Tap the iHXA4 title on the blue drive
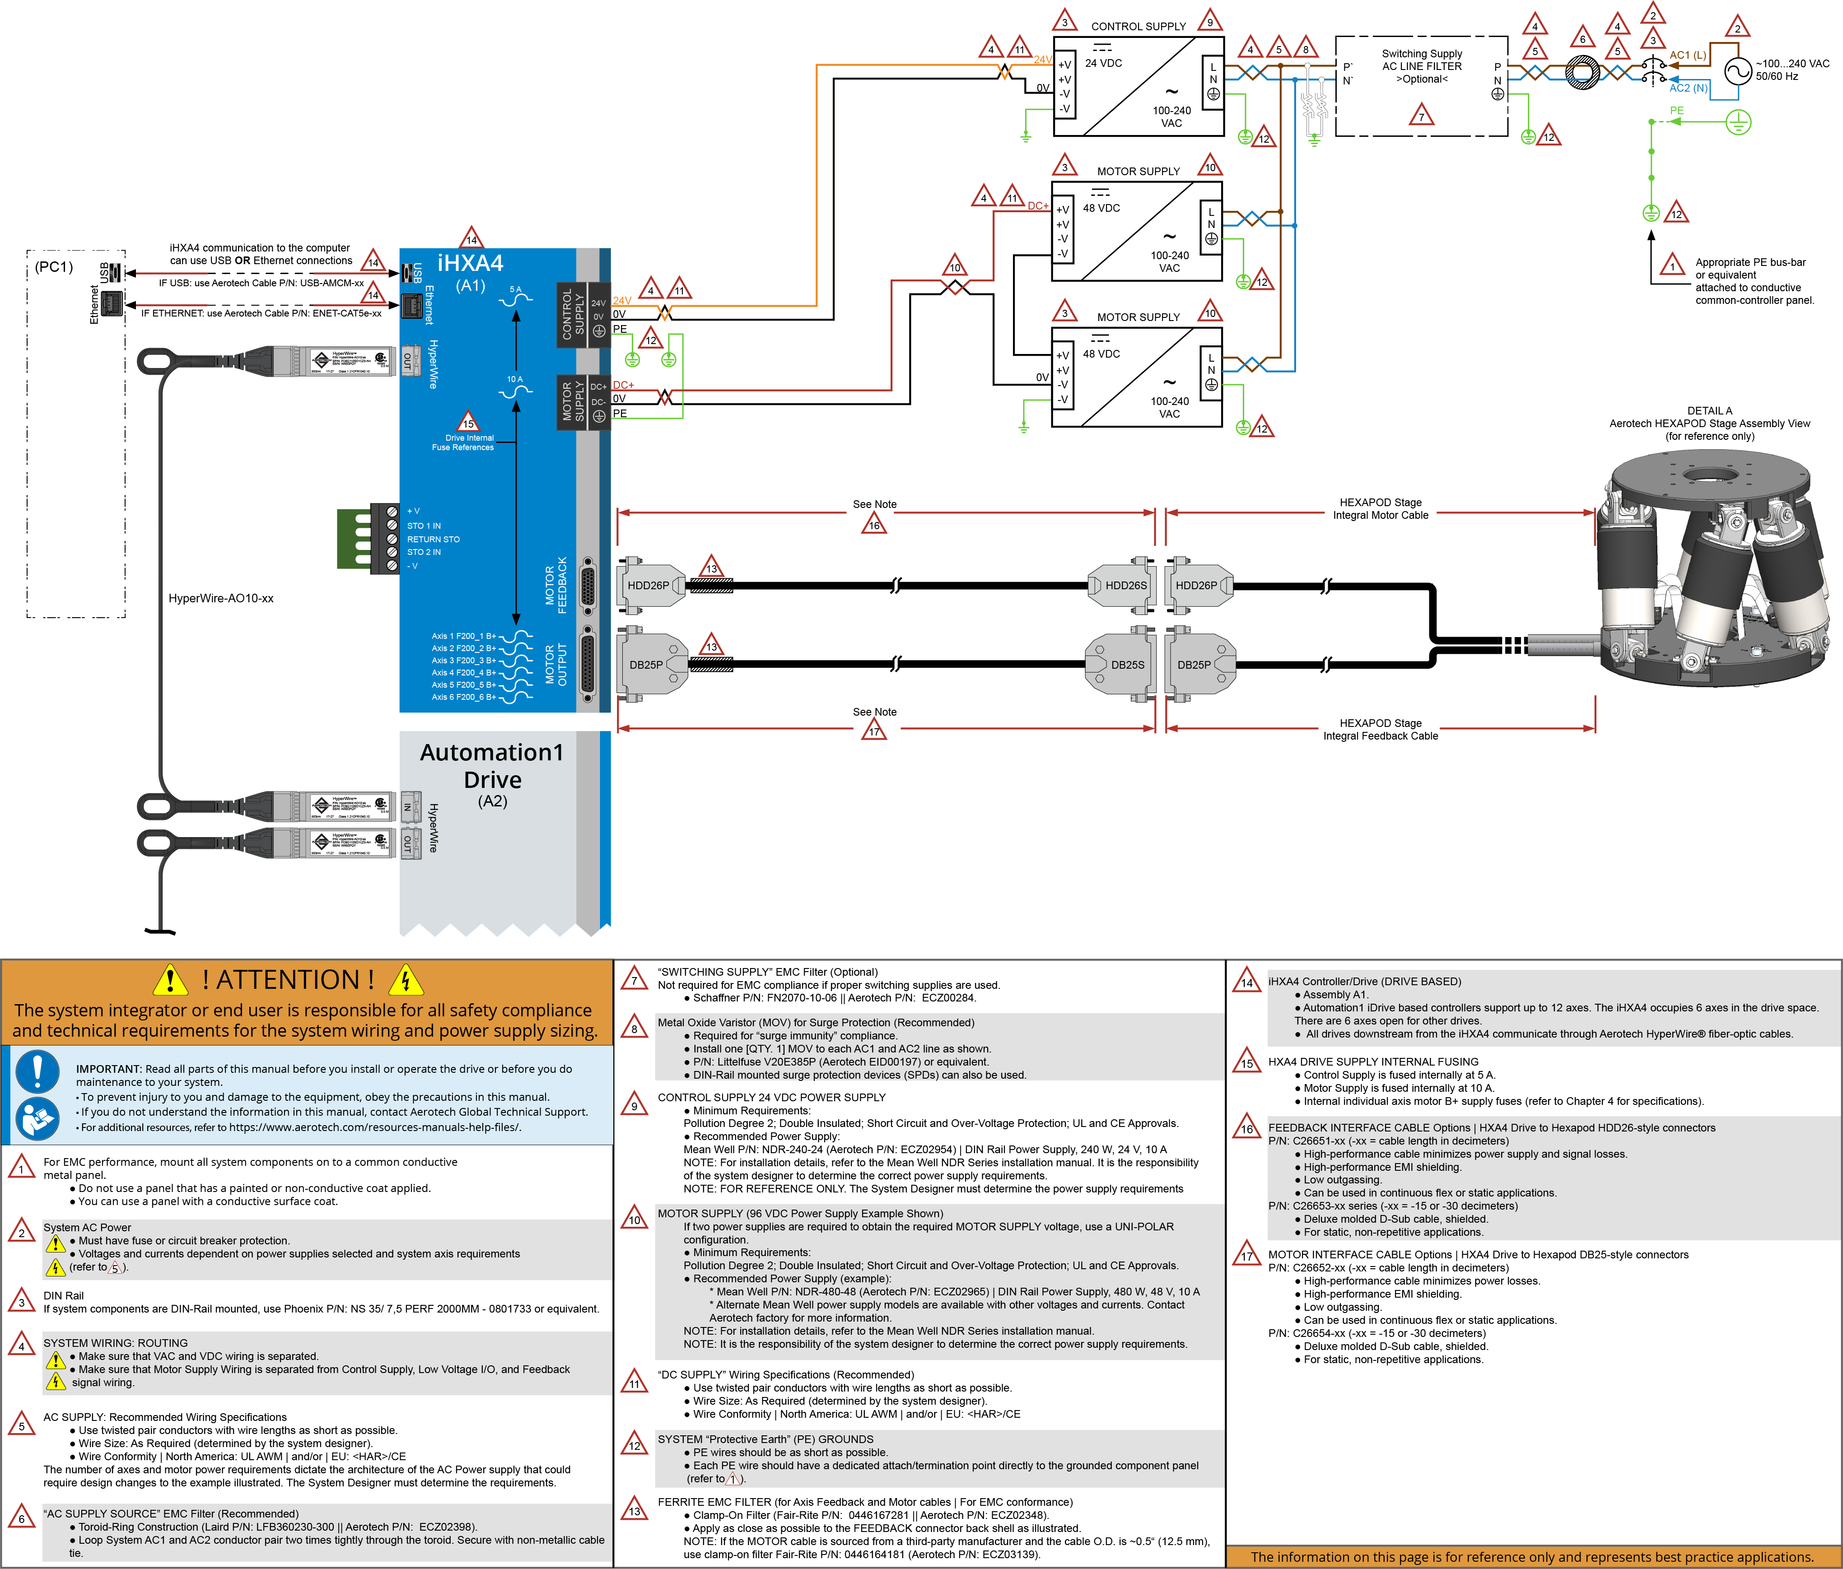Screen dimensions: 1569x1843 point(471,263)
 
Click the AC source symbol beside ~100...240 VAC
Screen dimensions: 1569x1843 point(1738,71)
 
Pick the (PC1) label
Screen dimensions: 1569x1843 point(53,267)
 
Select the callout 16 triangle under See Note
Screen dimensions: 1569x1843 point(874,525)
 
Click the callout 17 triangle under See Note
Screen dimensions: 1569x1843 point(874,731)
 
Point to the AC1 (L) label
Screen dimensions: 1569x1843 point(1687,55)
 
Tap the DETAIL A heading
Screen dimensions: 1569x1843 point(1709,411)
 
